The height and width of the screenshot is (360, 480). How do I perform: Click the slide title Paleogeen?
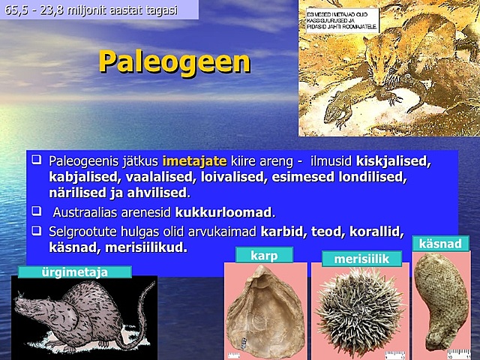(174, 61)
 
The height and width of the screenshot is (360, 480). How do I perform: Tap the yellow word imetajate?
(193, 161)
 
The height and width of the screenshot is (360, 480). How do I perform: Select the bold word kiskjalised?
(394, 161)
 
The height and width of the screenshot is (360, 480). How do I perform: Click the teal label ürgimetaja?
(76, 271)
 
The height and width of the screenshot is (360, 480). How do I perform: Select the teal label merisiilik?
(361, 259)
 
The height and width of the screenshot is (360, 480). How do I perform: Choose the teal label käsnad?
(439, 243)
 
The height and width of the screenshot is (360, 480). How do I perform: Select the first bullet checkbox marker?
(35, 160)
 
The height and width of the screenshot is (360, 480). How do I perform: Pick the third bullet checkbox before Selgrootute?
(35, 229)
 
